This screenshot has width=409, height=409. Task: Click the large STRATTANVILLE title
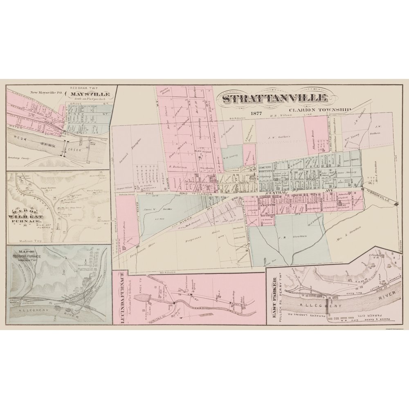pyautogui.click(x=275, y=99)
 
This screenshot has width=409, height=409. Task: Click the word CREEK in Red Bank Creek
pyautogui.click(x=76, y=150)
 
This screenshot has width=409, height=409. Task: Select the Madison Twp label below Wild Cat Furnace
pyautogui.click(x=31, y=241)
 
